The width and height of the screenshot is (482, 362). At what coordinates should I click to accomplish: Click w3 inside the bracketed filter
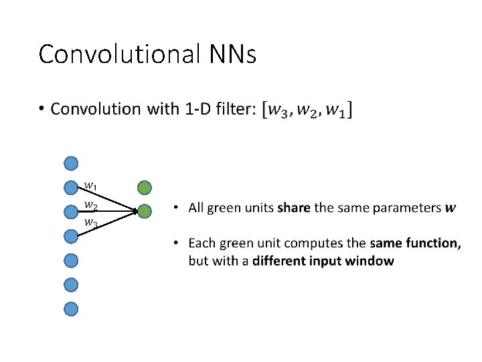[x=278, y=109]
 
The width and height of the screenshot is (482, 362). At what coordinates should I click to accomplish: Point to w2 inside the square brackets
[x=309, y=109]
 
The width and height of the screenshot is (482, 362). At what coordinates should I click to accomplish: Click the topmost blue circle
[x=71, y=163]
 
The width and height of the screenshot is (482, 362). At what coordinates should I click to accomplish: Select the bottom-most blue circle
[x=71, y=308]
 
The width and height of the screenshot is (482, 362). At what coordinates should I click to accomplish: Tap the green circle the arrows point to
[x=145, y=211]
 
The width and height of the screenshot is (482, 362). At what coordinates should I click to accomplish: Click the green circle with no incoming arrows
[x=145, y=187]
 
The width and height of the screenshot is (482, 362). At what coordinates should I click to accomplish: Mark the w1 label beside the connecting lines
[x=90, y=186]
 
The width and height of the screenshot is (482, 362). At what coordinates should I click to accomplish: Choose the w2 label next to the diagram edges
[x=90, y=203]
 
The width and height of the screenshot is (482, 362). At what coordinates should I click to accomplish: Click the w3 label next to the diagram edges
[x=90, y=222]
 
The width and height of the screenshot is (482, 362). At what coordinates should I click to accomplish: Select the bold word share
[x=294, y=208]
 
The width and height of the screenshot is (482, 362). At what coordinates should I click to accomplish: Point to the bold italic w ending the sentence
[x=451, y=208]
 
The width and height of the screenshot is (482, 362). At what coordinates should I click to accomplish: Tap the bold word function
[x=436, y=243]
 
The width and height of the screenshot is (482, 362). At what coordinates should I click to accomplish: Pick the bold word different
[x=280, y=261]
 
